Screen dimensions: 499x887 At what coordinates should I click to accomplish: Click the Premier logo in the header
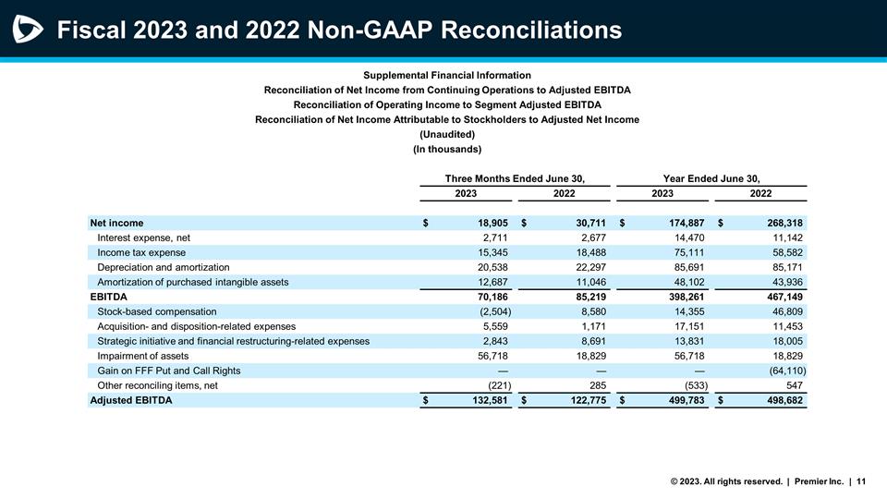[28, 30]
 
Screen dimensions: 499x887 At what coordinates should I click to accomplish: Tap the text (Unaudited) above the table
[446, 134]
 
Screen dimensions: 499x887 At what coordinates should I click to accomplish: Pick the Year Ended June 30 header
[711, 177]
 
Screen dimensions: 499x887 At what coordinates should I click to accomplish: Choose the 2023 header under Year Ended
[662, 193]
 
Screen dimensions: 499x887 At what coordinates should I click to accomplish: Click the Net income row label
[116, 223]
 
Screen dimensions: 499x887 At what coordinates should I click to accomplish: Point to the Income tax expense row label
[141, 252]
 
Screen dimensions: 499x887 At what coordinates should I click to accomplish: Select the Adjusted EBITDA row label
[130, 400]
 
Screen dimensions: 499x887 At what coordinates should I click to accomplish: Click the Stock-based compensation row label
[156, 311]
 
